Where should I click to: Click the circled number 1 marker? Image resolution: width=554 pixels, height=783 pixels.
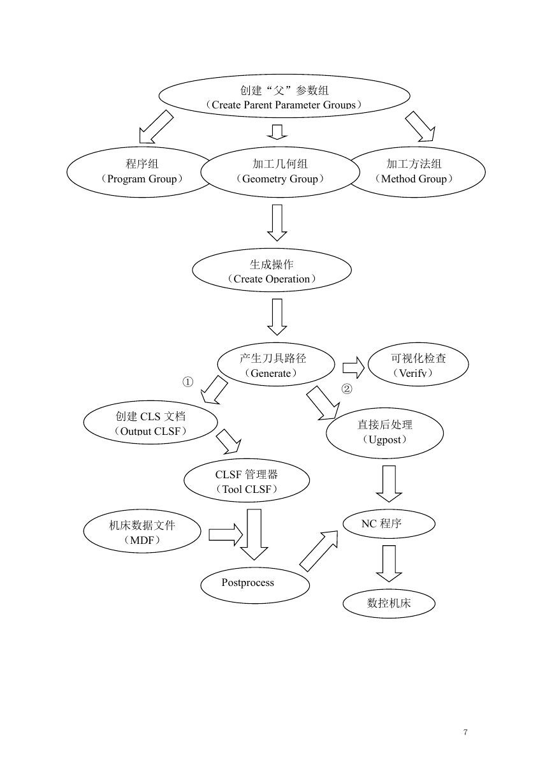[x=187, y=382]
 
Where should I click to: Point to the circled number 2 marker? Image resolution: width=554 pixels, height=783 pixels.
[x=347, y=389]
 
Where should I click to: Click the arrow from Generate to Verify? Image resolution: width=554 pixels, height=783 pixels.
[x=353, y=368]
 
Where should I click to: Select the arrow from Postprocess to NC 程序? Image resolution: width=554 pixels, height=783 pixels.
[x=319, y=551]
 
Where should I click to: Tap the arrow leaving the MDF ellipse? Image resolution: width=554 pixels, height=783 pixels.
[x=226, y=534]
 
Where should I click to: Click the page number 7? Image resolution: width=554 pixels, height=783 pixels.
[x=465, y=731]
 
